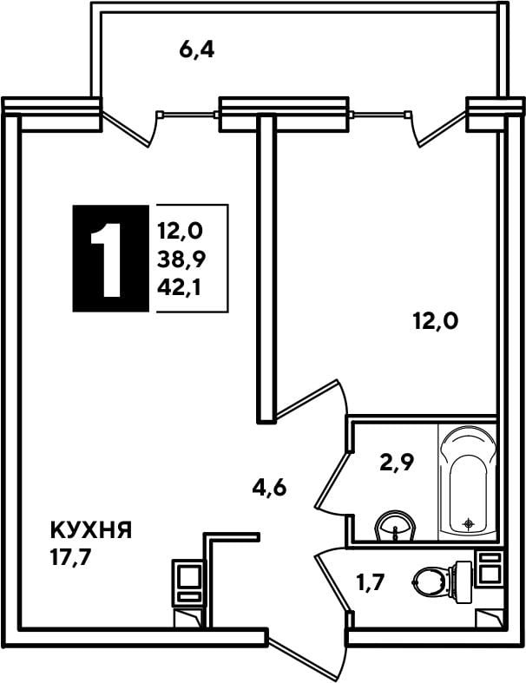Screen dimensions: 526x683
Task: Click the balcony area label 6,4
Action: coord(196,50)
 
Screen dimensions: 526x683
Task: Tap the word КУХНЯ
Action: coord(91,530)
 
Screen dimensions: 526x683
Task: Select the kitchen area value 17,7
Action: coord(70,557)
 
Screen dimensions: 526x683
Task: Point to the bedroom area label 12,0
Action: coord(436,322)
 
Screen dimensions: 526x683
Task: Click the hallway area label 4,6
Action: coord(269,488)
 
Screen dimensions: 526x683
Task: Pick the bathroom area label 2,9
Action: coord(397,463)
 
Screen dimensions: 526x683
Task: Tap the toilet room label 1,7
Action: coord(371,582)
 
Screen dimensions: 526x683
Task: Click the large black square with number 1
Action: coord(111,259)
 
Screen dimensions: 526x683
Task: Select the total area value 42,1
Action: coord(179,288)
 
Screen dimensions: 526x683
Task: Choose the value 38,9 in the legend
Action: coord(181,260)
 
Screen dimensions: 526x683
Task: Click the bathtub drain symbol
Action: coord(469,523)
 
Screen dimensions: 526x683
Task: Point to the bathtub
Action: coord(468,480)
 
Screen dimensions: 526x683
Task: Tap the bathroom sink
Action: coord(395,526)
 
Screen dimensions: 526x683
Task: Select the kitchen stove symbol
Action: coord(187,582)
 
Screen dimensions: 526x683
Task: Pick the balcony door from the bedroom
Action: coord(439,129)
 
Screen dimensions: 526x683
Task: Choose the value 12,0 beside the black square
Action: coord(180,231)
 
